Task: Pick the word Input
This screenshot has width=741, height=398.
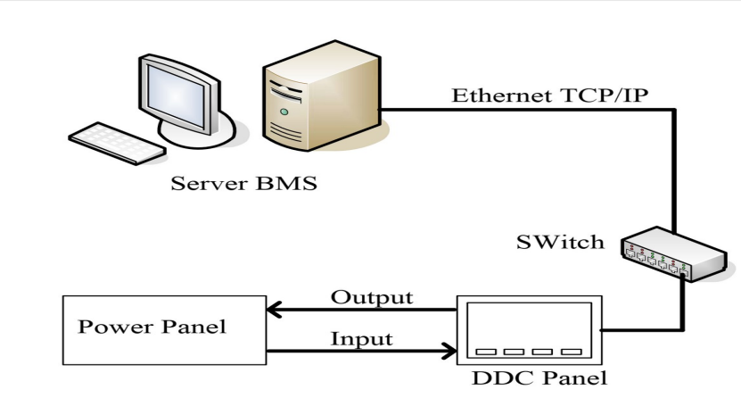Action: (363, 339)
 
